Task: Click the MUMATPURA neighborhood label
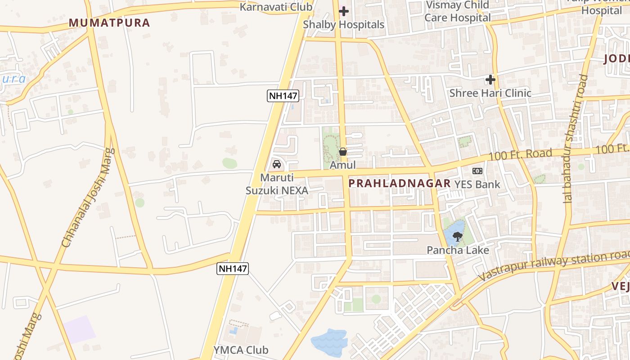pos(109,23)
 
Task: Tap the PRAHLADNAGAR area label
pos(400,183)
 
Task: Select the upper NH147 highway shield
pos(283,95)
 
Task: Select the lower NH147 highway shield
pos(233,269)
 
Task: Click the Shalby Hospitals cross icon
pos(344,11)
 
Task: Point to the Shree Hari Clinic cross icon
pos(490,80)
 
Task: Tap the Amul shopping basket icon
pos(343,152)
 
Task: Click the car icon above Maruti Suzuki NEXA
pos(277,164)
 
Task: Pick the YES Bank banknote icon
pos(477,171)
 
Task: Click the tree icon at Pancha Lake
pos(458,236)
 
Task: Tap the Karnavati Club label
pos(276,7)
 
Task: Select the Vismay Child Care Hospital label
pos(458,12)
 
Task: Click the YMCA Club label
pos(241,350)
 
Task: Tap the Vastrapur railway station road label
pos(553,267)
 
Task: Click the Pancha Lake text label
pos(458,250)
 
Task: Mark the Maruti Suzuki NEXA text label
pos(277,184)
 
